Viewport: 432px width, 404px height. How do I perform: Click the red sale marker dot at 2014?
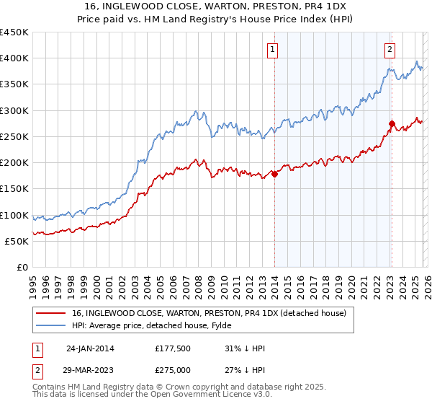click(274, 174)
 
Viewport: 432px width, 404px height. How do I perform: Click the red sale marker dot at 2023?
click(391, 123)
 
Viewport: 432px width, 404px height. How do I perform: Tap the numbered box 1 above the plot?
click(274, 50)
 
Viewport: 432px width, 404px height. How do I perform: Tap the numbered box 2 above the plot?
click(390, 50)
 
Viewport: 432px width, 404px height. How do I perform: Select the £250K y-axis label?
click(14, 136)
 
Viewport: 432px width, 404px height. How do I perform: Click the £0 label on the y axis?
click(21, 267)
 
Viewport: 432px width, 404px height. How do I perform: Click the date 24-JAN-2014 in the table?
click(90, 348)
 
